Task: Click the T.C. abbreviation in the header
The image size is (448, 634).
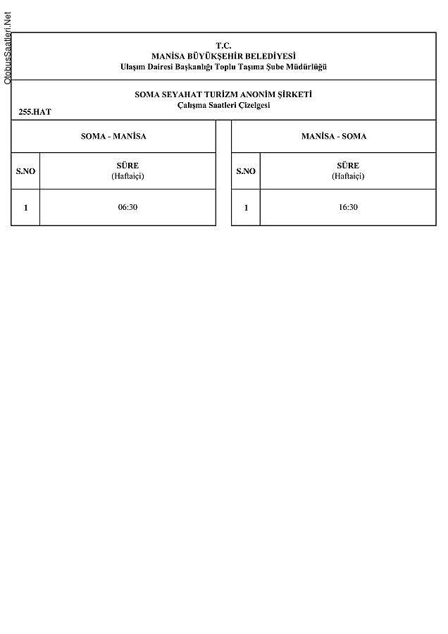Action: [223, 45]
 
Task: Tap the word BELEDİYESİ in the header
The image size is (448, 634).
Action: [269, 56]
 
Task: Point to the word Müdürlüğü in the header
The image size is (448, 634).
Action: [307, 67]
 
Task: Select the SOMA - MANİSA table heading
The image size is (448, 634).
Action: [113, 136]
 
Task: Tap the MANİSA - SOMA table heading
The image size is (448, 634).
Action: [333, 136]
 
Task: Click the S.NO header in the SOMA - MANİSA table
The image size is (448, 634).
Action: [25, 171]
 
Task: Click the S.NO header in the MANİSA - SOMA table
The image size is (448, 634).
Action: [246, 171]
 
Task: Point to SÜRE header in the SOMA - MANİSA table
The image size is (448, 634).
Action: [127, 166]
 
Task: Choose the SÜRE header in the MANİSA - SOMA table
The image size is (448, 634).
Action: [348, 166]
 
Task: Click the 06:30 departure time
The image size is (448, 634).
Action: [127, 208]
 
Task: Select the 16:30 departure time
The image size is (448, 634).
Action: [348, 208]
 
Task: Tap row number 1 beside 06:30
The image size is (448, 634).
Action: [25, 208]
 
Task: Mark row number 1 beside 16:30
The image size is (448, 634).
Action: [246, 208]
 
